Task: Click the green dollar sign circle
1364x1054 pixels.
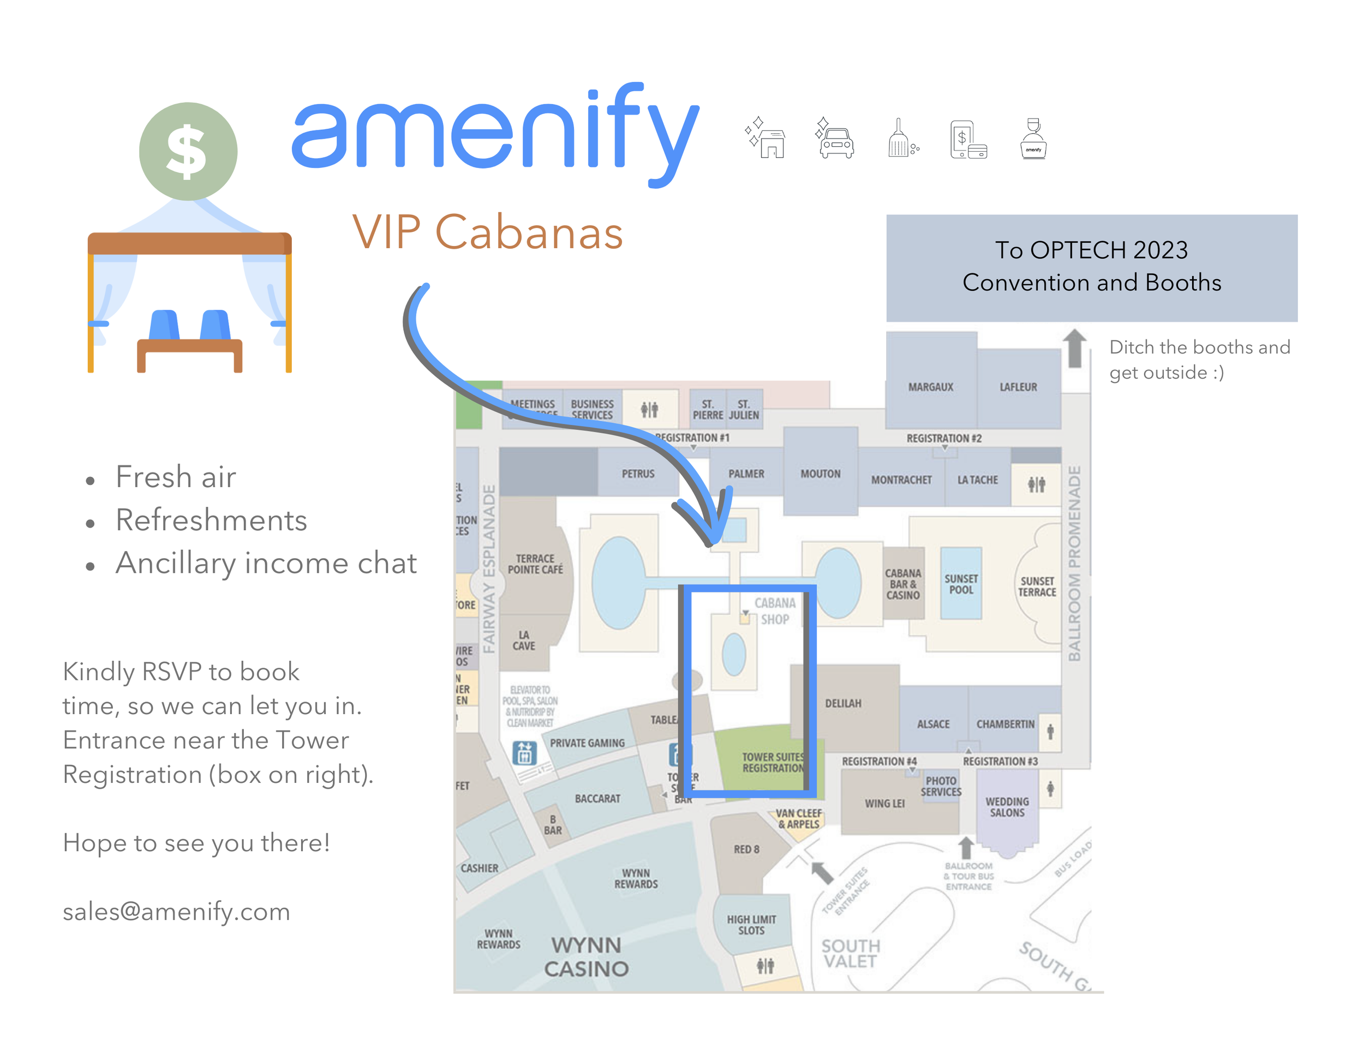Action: (x=188, y=151)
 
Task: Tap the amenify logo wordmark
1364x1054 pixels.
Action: (x=495, y=134)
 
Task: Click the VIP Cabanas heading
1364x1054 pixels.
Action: (x=487, y=232)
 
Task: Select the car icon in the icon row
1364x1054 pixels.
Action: (x=835, y=139)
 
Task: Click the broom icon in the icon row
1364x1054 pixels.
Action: (x=902, y=139)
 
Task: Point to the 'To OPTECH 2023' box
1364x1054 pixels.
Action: (x=1091, y=267)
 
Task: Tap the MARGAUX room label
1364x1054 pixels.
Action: (x=931, y=387)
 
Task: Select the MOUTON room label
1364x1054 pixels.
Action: (x=820, y=474)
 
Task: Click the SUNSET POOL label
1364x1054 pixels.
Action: (x=961, y=584)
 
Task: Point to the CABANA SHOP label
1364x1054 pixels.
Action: (x=774, y=612)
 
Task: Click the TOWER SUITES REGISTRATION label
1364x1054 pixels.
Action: (x=773, y=762)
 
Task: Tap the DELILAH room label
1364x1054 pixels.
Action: (x=842, y=704)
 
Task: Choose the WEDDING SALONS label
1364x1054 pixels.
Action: (x=1007, y=807)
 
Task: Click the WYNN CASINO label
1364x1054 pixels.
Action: (x=586, y=956)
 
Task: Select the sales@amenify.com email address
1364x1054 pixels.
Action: (x=177, y=912)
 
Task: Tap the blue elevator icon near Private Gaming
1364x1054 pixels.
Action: (x=524, y=753)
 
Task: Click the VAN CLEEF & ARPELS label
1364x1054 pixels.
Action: (x=798, y=819)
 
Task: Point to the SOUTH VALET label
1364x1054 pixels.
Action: (x=850, y=954)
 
